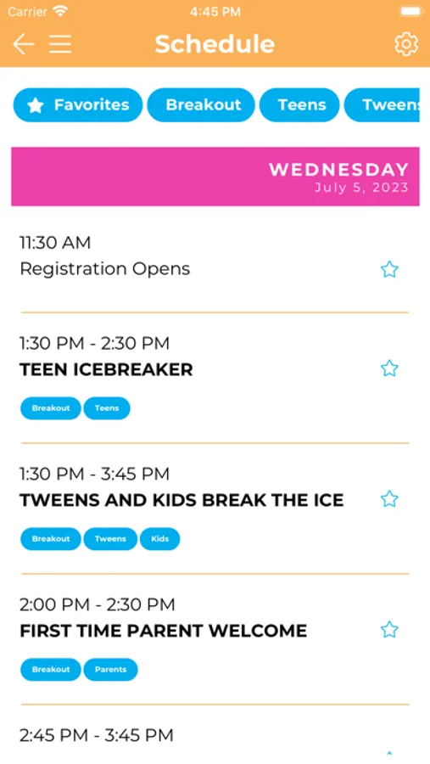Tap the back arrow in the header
coord(24,44)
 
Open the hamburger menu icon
coord(60,44)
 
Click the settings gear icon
coord(406,44)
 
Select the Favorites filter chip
coord(78,104)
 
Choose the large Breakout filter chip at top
coord(201,104)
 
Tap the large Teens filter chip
coord(299,104)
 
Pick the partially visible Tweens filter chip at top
coord(382,104)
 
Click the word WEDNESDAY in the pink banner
coord(339,170)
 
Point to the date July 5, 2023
coord(361,188)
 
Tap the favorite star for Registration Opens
coord(389,269)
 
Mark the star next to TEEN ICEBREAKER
coord(389,368)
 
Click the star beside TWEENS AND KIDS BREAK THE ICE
coord(389,499)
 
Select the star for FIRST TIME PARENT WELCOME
coord(389,630)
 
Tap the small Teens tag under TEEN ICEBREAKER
coord(107,408)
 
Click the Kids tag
coord(159,539)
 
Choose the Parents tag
coord(110,670)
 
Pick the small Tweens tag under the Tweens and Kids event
coord(110,539)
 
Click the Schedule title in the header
coord(215,44)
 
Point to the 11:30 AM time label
coord(55,243)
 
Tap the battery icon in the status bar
coord(411,12)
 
